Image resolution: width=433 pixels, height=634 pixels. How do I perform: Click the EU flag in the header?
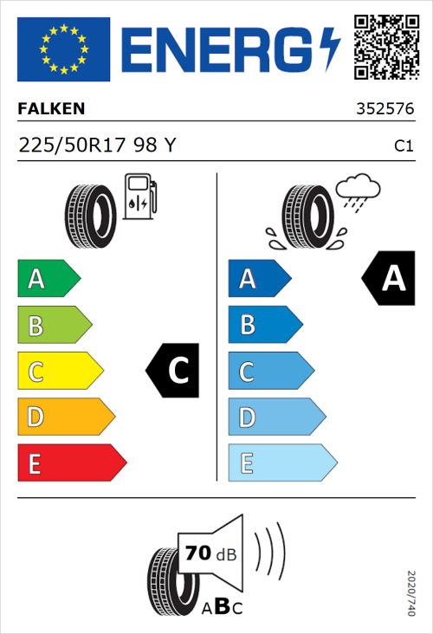[x=63, y=49]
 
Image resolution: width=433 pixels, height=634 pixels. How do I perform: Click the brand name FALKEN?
[x=51, y=109]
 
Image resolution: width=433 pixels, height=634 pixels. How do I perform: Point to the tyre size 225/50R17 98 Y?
[x=97, y=146]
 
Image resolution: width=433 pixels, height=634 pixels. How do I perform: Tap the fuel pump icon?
[x=139, y=196]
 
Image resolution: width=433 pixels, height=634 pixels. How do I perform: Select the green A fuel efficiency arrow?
[x=48, y=279]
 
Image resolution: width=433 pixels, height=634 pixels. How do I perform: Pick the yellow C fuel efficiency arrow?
[x=60, y=372]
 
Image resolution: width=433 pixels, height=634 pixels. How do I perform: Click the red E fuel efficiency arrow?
[x=71, y=463]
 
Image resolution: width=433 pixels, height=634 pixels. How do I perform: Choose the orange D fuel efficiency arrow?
[x=66, y=417]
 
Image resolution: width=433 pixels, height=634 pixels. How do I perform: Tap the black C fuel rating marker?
[x=176, y=371]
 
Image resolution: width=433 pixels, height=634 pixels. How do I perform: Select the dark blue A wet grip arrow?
[x=259, y=279]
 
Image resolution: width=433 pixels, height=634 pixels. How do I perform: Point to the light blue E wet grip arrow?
[x=281, y=463]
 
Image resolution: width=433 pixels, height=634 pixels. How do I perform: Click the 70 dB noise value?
[x=208, y=553]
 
